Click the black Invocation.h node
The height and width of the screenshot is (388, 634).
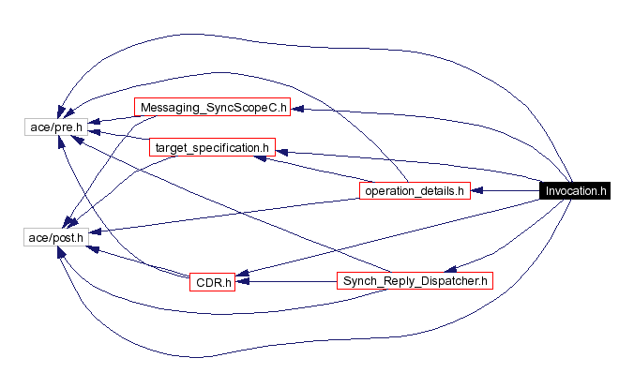click(577, 190)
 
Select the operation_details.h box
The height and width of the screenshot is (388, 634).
click(414, 191)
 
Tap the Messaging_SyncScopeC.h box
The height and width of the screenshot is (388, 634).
click(212, 108)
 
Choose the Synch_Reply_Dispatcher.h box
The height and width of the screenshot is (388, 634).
click(415, 280)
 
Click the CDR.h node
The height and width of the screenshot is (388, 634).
click(212, 280)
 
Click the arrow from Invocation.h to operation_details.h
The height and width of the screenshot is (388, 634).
click(506, 191)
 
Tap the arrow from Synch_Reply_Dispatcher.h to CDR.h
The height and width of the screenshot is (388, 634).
click(286, 280)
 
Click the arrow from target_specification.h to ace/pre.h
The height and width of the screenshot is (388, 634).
click(117, 137)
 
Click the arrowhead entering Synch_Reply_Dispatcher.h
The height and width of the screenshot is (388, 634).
click(450, 266)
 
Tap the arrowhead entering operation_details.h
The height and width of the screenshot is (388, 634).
click(476, 191)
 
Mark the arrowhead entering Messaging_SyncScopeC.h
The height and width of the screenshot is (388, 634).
click(295, 109)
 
